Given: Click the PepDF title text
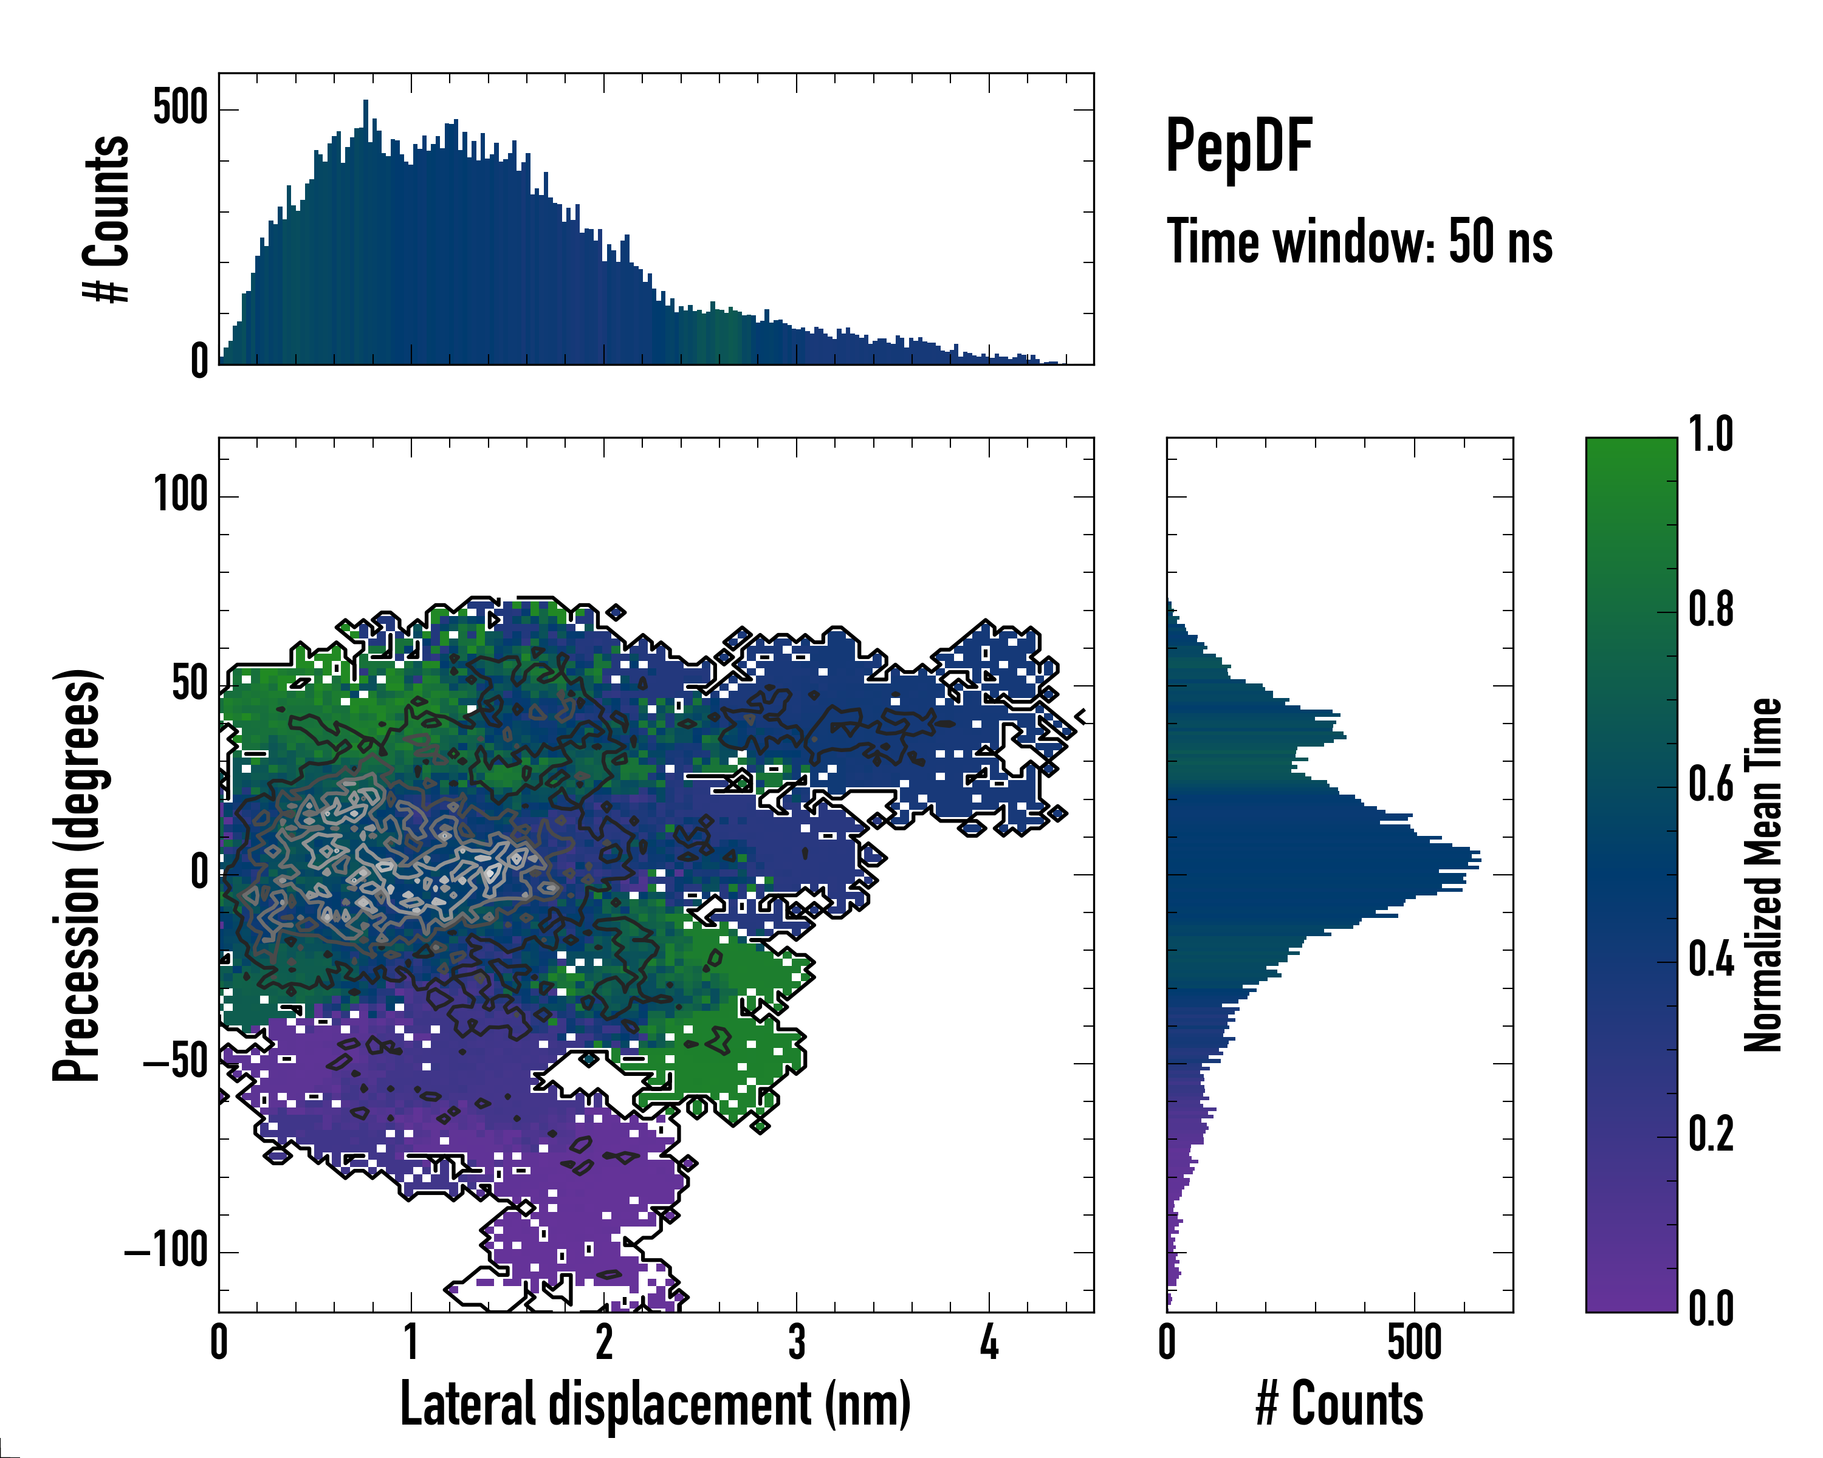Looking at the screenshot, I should (1238, 146).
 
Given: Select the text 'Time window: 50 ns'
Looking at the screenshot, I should (1359, 242).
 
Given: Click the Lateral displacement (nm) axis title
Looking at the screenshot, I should (655, 1404).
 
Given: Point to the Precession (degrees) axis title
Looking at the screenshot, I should (78, 875).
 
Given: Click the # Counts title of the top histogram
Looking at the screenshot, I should (106, 219).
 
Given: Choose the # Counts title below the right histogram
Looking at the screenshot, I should (1339, 1404).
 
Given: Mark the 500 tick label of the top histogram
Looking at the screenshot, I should (180, 108).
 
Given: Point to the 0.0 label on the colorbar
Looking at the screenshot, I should (1711, 1309).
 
